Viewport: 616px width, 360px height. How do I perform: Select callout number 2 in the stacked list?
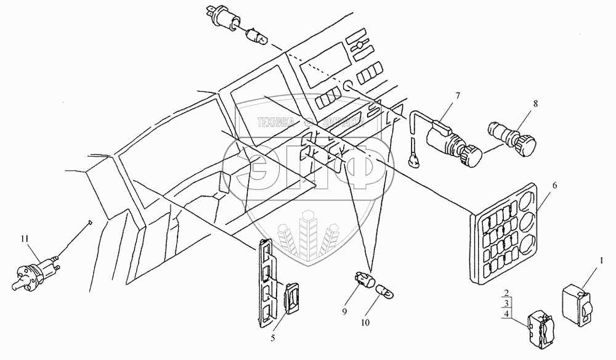505,293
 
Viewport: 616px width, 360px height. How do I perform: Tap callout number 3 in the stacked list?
505,303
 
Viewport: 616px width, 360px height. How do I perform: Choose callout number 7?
456,96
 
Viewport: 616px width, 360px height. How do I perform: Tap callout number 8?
535,104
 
